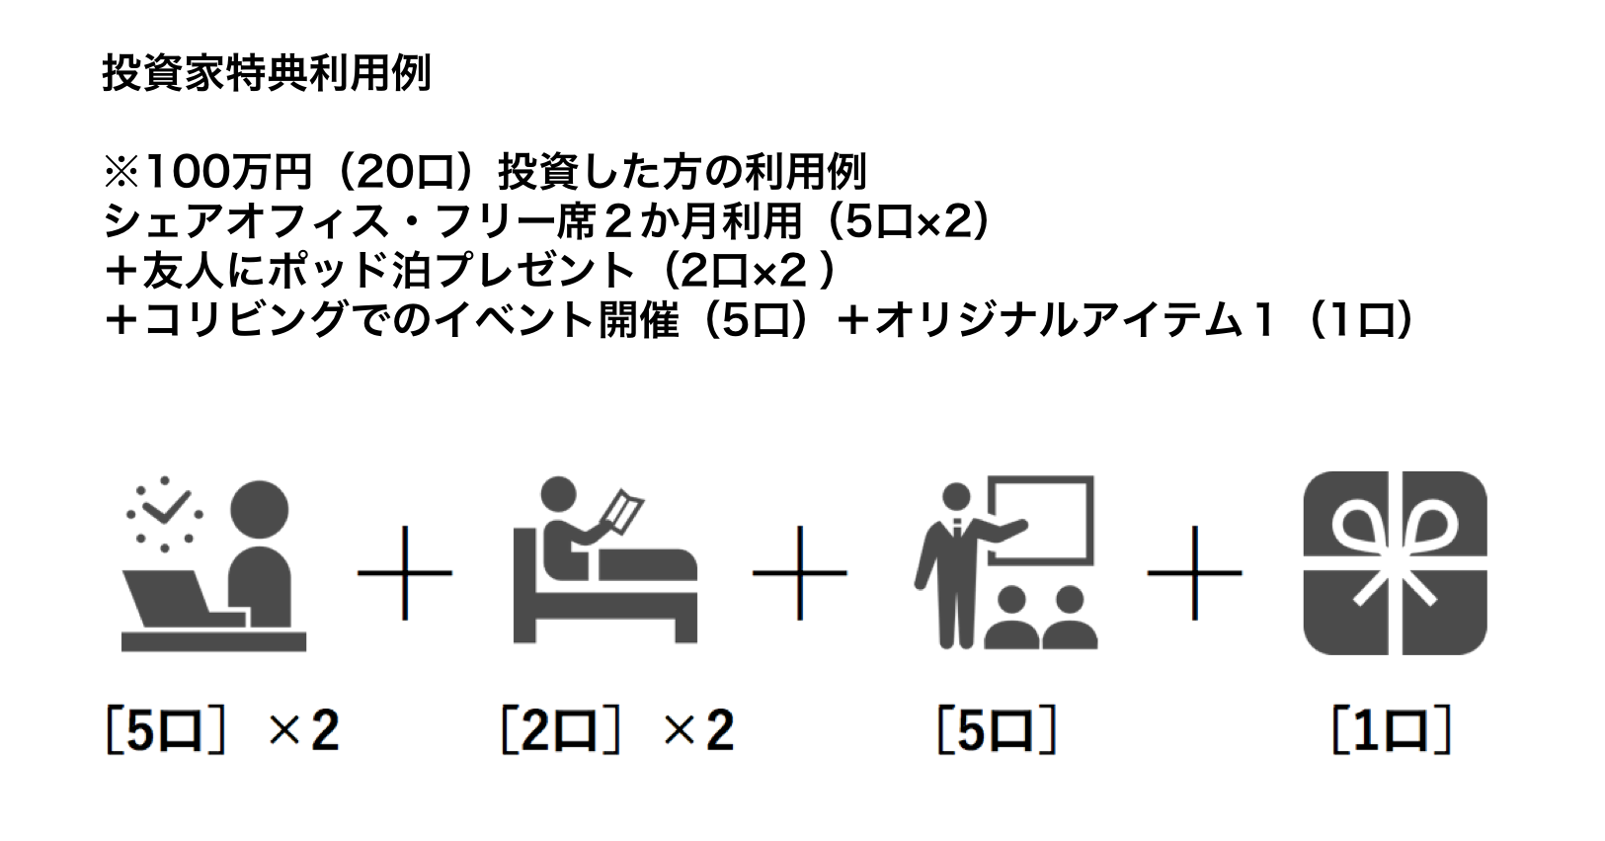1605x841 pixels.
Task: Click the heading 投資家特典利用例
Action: pos(267,74)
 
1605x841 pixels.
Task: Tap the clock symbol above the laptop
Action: pos(165,514)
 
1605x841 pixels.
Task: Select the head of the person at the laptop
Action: pos(260,510)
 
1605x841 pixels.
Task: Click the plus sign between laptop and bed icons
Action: pos(405,573)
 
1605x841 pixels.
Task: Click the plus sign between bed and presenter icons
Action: pos(800,573)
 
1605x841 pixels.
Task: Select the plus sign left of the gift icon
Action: pos(1194,573)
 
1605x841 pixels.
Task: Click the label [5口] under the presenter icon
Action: pos(998,730)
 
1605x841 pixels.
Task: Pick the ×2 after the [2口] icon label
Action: pos(698,731)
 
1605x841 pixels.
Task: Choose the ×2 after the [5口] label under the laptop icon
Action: pos(303,731)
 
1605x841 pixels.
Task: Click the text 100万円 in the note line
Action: pos(228,172)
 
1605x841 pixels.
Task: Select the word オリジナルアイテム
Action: pos(1058,320)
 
